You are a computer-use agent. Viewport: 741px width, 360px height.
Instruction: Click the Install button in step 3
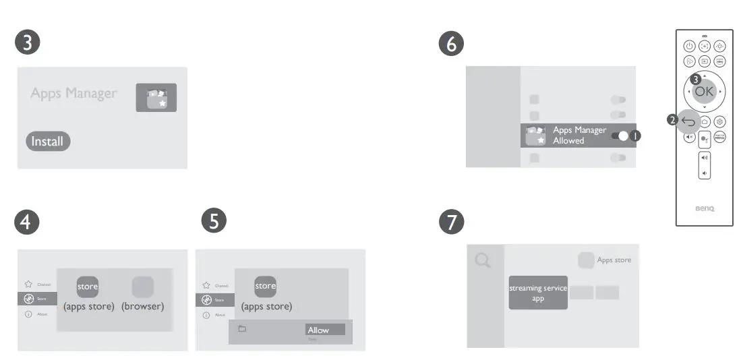(x=48, y=142)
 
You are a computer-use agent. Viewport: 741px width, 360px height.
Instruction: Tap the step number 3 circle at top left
(x=28, y=42)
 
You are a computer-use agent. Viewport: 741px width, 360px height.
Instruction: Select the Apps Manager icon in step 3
(x=156, y=98)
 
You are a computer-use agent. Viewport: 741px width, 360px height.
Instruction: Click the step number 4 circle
(x=28, y=222)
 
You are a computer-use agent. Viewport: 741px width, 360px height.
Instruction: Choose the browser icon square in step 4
(x=142, y=287)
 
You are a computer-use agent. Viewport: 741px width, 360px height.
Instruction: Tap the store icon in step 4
(x=88, y=287)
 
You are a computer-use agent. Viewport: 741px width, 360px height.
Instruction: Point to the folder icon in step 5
(x=242, y=329)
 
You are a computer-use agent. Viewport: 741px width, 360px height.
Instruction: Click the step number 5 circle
(x=214, y=222)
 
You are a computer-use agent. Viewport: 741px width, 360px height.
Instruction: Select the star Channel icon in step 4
(x=28, y=284)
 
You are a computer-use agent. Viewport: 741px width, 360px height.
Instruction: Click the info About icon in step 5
(x=206, y=315)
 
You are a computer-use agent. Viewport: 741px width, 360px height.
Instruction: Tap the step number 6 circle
(x=451, y=44)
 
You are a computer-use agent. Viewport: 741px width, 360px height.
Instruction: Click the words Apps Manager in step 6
(x=579, y=130)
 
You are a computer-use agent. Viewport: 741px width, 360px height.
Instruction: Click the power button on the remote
(x=688, y=46)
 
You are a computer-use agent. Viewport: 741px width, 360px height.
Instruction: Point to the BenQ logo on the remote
(x=704, y=208)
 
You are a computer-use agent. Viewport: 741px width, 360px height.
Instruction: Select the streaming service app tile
(x=537, y=293)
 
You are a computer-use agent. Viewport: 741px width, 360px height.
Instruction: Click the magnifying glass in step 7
(x=483, y=260)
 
